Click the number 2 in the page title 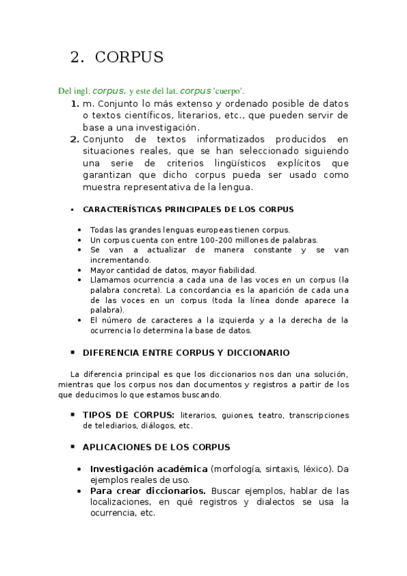pos(75,58)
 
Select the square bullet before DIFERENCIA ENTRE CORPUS pos(72,353)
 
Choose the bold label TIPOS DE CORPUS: pos(128,414)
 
